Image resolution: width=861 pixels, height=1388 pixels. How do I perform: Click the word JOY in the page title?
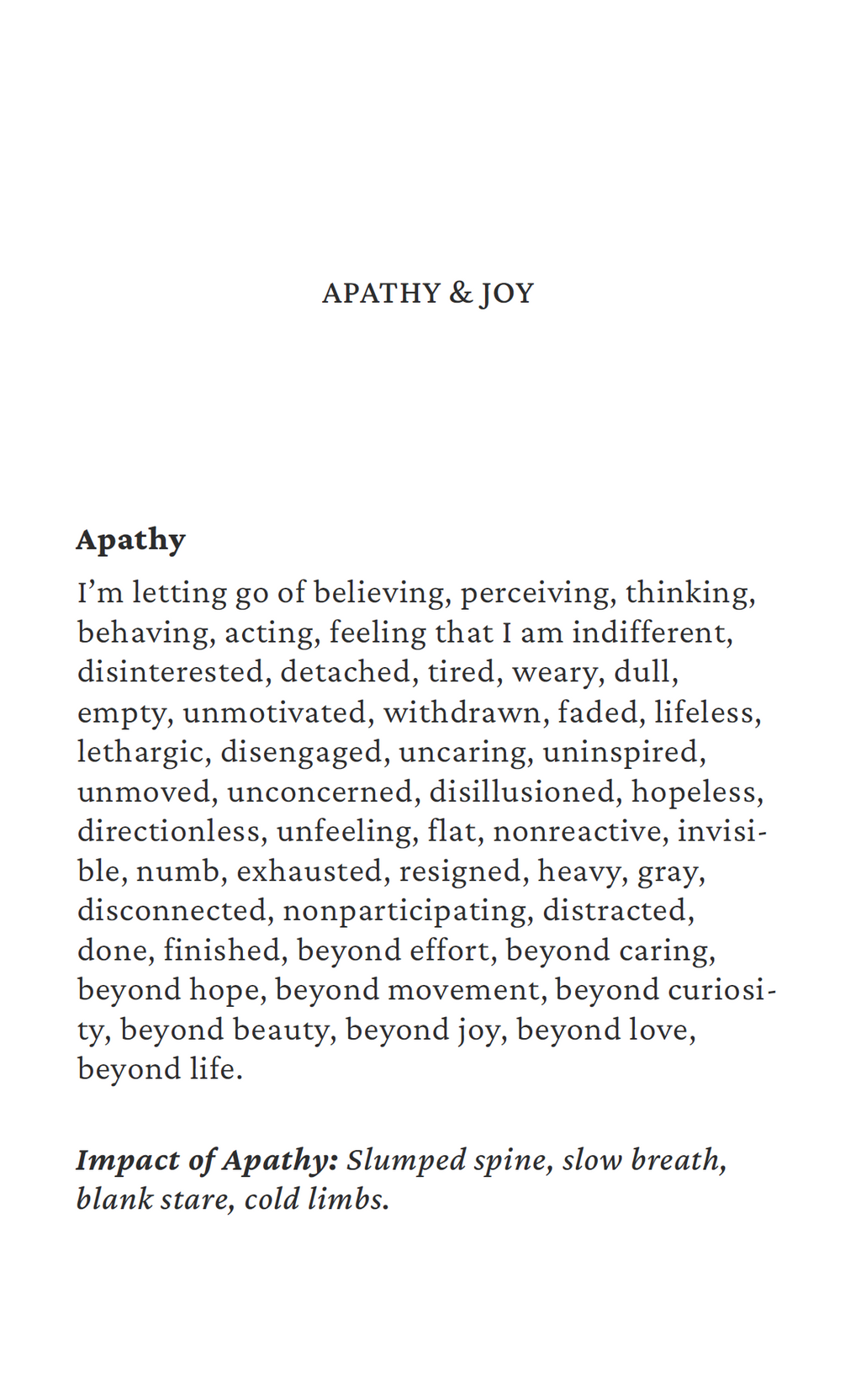click(507, 294)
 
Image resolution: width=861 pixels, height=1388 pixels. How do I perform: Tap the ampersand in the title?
click(461, 294)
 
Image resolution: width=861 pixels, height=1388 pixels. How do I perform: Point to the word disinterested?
click(171, 672)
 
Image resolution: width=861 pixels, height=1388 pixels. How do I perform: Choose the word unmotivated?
click(275, 713)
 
